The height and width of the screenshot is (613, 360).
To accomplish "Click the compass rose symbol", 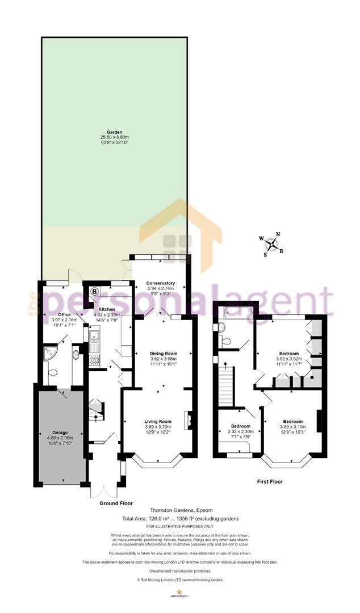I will point(273,244).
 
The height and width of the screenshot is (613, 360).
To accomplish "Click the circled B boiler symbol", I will point(94,291).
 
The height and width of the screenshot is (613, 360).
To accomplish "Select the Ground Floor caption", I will point(116,503).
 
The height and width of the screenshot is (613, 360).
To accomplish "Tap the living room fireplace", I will point(190,421).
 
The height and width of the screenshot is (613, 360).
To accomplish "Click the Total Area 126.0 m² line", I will point(179,519).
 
